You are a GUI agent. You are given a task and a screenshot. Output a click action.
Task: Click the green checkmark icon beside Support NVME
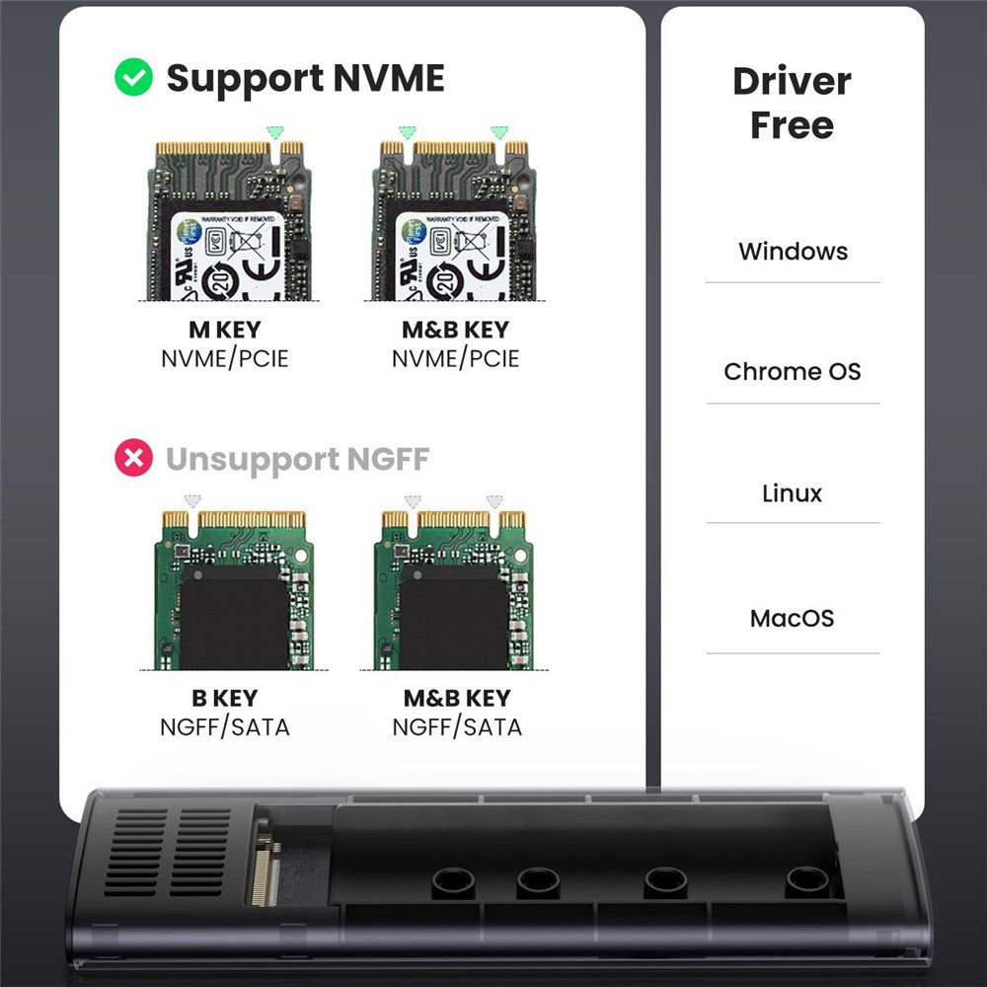click(x=133, y=78)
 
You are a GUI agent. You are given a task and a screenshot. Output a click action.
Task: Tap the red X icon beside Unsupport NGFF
click(x=133, y=458)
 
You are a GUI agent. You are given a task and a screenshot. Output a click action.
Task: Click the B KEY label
click(x=224, y=698)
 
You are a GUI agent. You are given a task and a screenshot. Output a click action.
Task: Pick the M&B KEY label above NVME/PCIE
click(x=455, y=330)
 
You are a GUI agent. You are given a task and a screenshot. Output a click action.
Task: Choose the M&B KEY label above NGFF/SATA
click(x=457, y=698)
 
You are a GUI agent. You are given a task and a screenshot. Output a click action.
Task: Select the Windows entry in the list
click(x=793, y=251)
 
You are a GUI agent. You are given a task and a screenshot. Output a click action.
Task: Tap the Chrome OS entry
click(x=792, y=372)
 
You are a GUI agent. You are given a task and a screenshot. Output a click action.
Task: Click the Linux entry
click(x=792, y=493)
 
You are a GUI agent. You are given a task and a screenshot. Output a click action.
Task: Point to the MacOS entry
click(x=792, y=619)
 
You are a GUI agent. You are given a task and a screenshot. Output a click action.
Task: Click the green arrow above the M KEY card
click(x=274, y=131)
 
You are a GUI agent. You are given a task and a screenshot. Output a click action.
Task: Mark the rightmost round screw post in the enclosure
click(x=806, y=880)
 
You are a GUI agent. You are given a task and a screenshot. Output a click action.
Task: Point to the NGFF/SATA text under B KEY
click(x=224, y=727)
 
